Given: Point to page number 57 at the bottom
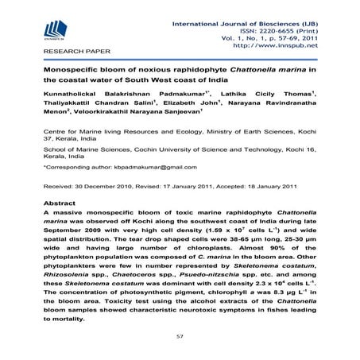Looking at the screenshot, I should coord(180,338).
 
